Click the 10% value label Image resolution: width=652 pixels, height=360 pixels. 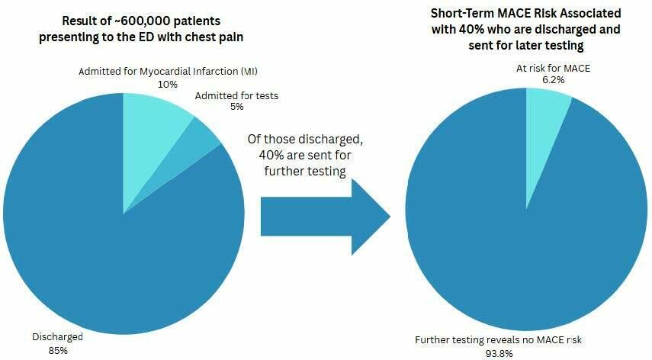point(168,84)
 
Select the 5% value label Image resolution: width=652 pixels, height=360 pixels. point(237,107)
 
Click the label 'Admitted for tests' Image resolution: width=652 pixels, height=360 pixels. point(236,95)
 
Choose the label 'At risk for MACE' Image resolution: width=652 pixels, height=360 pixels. point(553,69)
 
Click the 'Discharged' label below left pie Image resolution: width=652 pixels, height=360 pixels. point(57,336)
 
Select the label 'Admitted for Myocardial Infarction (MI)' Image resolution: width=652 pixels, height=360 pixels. point(168,72)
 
